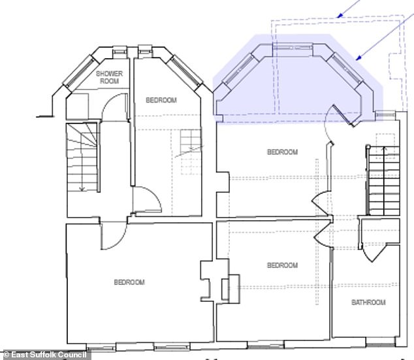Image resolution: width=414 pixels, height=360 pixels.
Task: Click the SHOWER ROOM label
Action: (109, 78)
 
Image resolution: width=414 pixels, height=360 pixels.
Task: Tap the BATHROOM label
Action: (368, 303)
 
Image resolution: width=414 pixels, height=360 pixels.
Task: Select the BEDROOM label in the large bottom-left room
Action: (129, 282)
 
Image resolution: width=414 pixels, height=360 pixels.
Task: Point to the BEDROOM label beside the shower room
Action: (161, 100)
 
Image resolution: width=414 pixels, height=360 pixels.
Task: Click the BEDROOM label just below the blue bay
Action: (282, 152)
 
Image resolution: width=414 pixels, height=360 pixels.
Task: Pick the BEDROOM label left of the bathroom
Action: (282, 265)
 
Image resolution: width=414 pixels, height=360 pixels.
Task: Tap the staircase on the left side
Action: (82, 157)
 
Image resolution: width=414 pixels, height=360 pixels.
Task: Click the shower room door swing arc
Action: (114, 108)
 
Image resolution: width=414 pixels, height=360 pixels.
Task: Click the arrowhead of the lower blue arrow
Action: (358, 59)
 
